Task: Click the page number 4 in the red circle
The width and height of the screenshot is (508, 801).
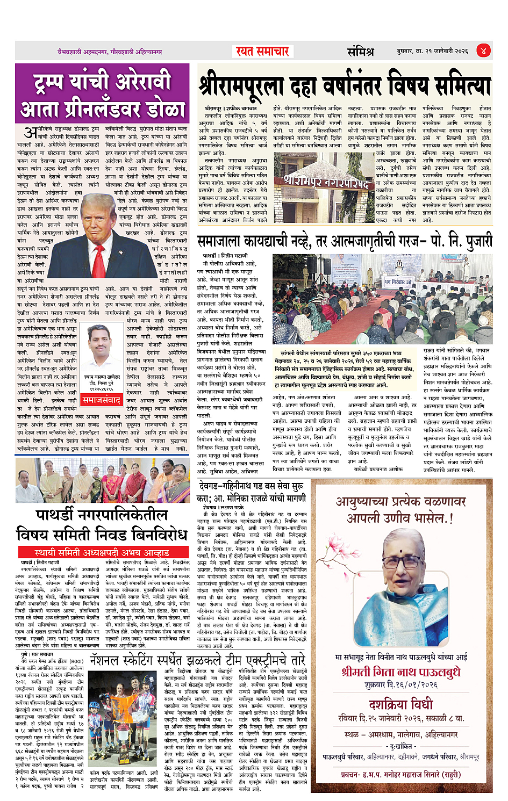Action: (483, 51)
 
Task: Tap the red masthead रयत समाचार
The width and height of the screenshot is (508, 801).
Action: (262, 52)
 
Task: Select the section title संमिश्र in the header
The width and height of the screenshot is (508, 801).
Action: (360, 52)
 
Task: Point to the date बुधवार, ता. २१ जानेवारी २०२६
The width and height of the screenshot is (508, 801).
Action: (432, 51)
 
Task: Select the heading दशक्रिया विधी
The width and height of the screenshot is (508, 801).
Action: (401, 704)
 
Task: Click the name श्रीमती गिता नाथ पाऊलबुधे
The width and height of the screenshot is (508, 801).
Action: (401, 672)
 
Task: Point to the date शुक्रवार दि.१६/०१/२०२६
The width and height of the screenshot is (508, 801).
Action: (401, 685)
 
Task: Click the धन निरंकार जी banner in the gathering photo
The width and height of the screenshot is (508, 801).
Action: (397, 282)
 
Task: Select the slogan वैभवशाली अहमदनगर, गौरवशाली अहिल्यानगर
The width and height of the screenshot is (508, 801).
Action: (110, 52)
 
